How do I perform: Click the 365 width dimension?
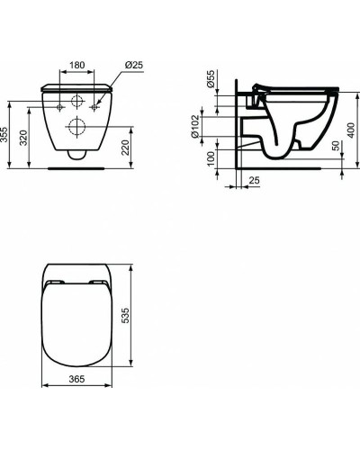pyautogui.click(x=76, y=380)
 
